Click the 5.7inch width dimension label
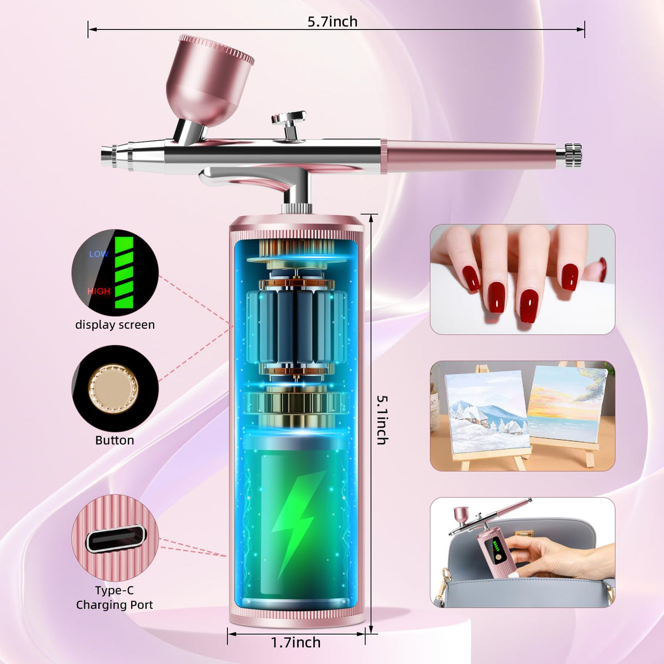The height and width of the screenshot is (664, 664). tap(332, 22)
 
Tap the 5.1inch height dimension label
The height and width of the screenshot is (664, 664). tap(382, 420)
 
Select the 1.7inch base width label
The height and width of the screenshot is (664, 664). tap(296, 642)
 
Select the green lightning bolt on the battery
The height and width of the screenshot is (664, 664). tap(295, 522)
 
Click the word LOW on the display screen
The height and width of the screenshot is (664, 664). tap(99, 254)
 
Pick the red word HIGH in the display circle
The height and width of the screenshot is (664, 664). tap(99, 291)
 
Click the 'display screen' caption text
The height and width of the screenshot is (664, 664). tap(115, 325)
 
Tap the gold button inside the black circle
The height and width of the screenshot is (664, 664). tap(114, 388)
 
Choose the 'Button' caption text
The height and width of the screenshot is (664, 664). tap(114, 440)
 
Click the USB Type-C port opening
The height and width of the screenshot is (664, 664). tap(115, 539)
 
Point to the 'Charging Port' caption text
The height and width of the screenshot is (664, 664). tap(114, 605)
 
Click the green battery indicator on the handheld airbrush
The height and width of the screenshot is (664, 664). tap(496, 546)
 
